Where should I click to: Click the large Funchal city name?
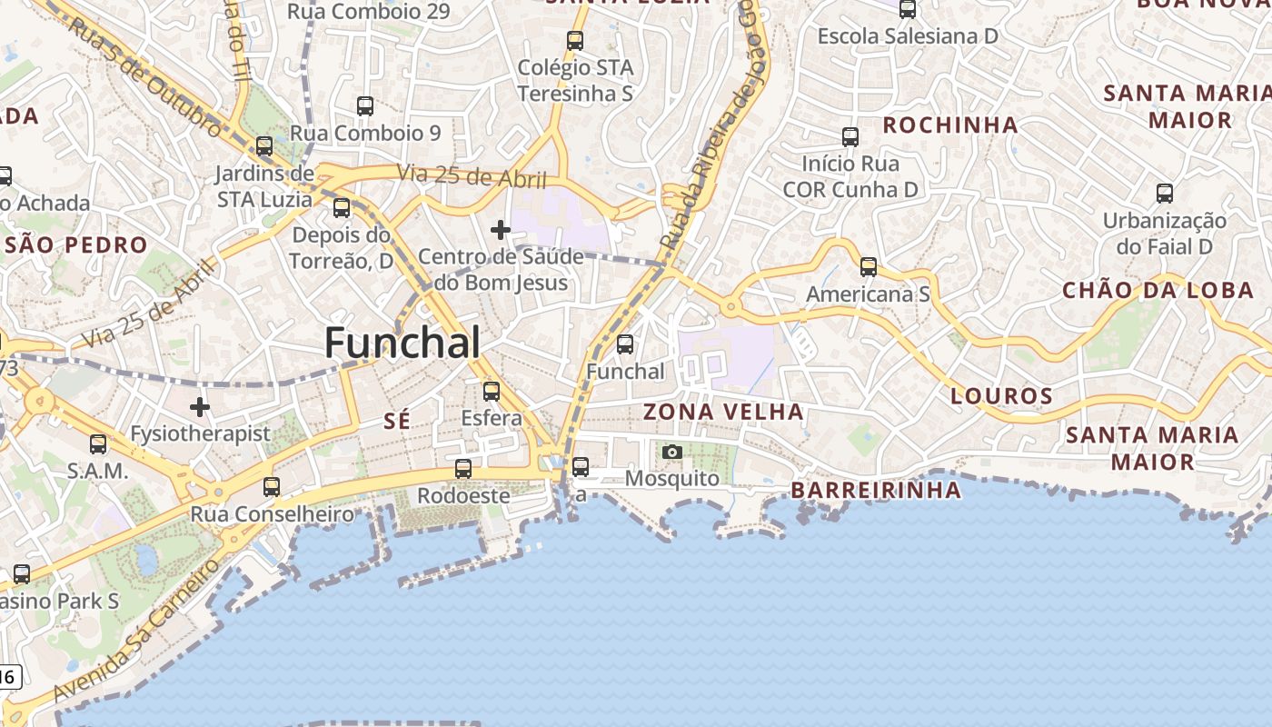402,344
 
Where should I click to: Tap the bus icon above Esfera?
492,392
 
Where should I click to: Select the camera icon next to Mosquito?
672,452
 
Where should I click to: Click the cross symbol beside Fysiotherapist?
200,406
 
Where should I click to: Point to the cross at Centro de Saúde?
500,230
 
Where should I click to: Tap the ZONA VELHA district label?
723,412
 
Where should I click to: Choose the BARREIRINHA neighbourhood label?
876,491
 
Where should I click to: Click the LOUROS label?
1001,396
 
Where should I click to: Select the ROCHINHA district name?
950,125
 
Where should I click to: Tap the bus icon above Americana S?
869,267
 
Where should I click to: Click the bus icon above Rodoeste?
463,469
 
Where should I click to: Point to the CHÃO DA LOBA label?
1158,291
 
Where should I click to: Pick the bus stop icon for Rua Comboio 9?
365,106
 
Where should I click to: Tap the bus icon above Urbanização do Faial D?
1165,194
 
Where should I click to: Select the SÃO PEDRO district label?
76,245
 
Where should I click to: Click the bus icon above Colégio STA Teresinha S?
575,41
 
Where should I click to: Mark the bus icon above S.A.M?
98,444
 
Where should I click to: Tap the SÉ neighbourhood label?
397,421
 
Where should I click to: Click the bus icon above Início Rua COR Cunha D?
850,137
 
